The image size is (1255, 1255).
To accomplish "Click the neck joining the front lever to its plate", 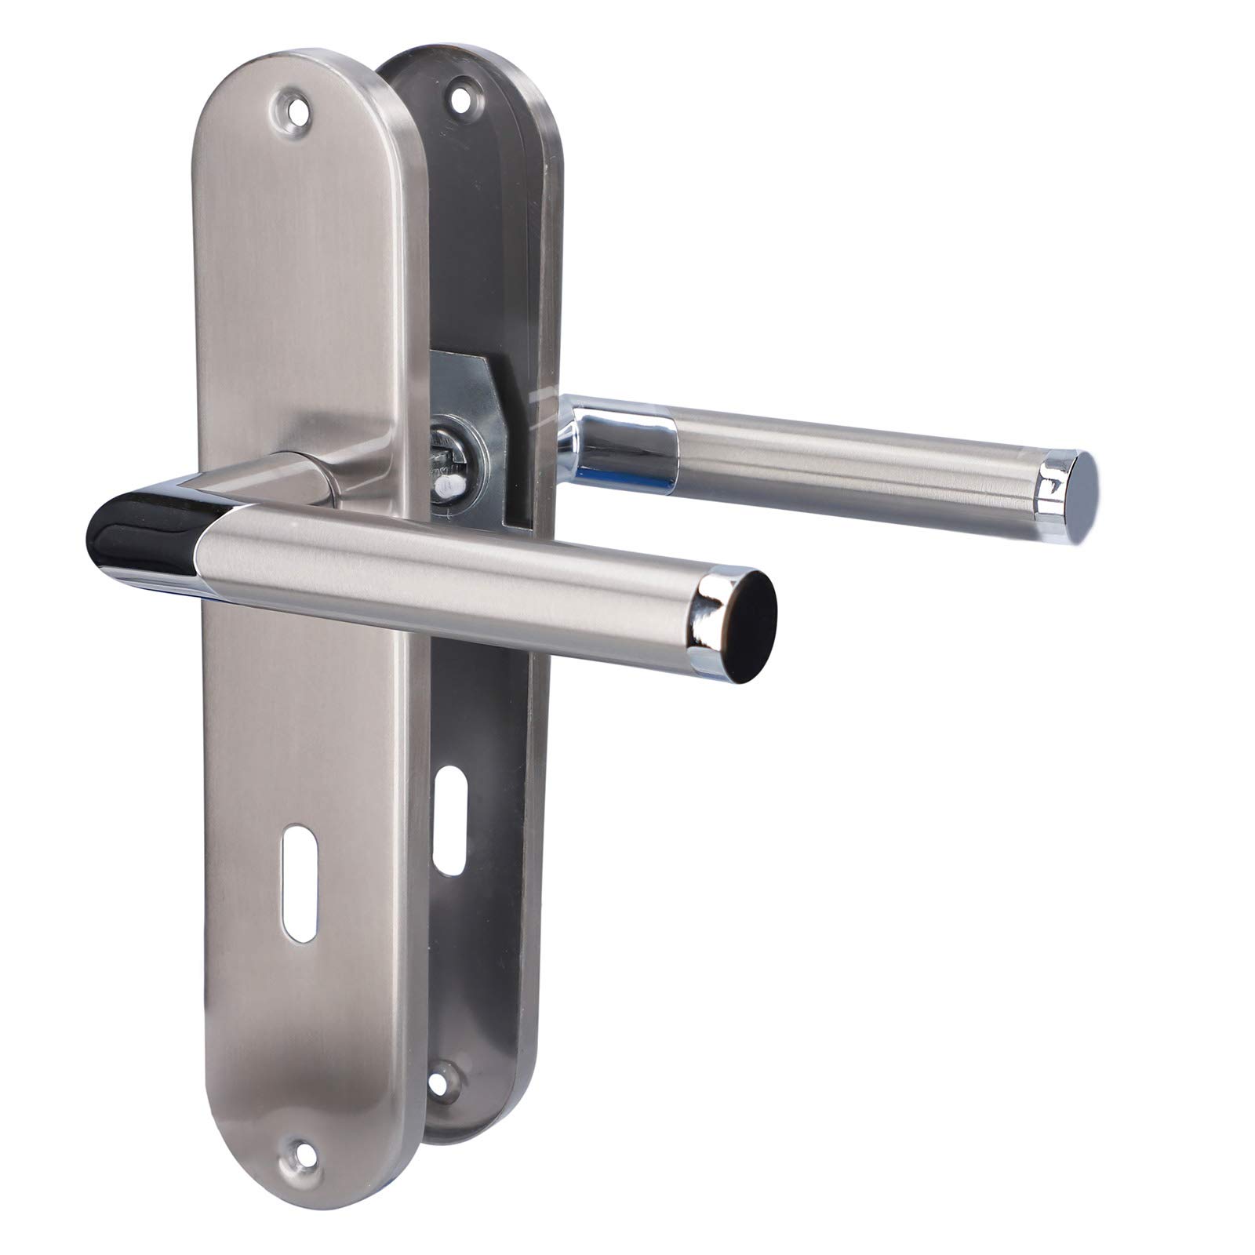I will coord(314,478).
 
